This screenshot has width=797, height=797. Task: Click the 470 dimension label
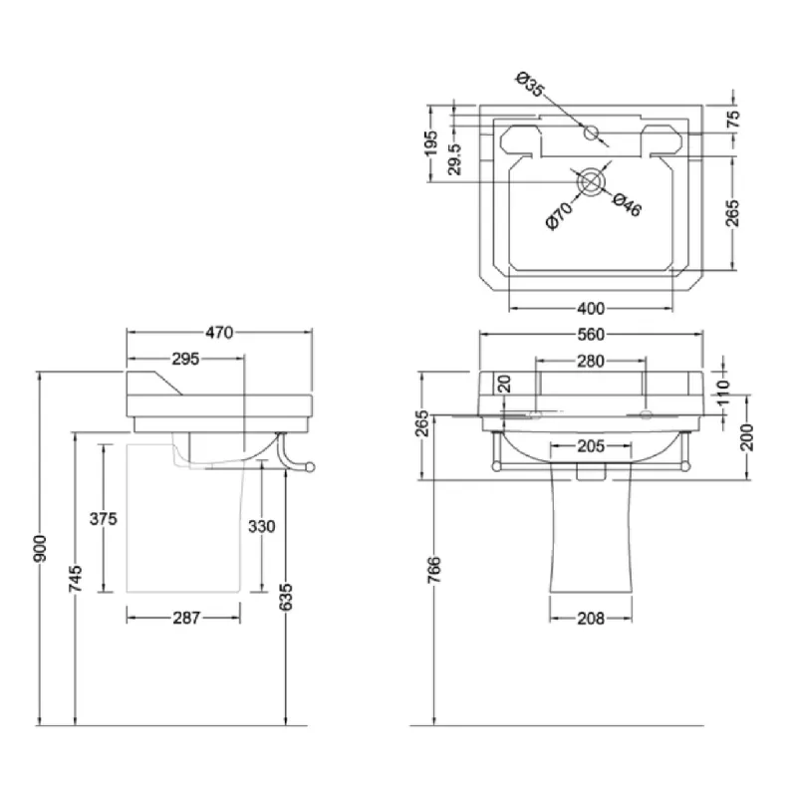219,333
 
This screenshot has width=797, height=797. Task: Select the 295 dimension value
185,359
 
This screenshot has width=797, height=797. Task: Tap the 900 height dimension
40,549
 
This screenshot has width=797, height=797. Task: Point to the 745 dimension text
76,579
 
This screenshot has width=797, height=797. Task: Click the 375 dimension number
104,519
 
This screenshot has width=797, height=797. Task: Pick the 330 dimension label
262,526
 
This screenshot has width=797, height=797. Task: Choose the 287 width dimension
186,618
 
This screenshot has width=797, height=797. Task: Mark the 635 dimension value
286,597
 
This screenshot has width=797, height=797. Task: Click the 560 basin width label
591,335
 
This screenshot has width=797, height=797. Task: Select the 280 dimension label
591,362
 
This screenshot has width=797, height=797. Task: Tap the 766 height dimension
434,570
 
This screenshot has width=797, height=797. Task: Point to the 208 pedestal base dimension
591,619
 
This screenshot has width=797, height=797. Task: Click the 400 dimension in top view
591,309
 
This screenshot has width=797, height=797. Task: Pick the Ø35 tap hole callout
530,85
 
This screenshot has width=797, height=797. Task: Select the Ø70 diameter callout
559,215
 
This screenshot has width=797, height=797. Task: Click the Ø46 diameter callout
628,205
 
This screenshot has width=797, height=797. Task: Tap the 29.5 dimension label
454,159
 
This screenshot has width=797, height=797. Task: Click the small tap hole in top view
591,133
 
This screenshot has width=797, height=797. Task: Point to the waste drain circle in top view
591,182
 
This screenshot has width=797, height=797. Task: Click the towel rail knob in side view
310,467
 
